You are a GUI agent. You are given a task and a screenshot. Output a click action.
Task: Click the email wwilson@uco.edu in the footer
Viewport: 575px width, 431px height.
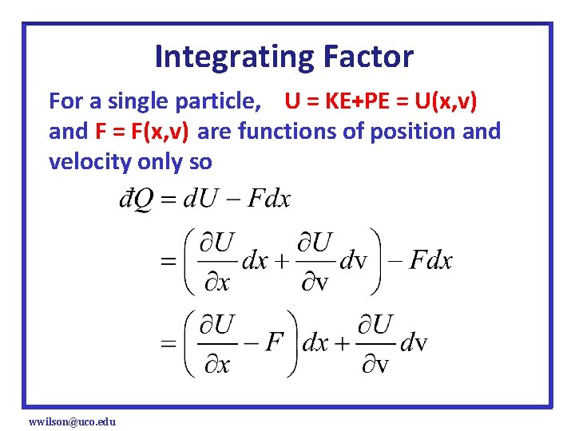pyautogui.click(x=72, y=421)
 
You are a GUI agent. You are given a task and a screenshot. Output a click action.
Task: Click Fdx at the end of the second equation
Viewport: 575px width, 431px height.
pyautogui.click(x=430, y=260)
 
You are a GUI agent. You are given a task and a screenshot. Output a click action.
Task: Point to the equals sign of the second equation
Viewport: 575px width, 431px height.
pyautogui.click(x=168, y=261)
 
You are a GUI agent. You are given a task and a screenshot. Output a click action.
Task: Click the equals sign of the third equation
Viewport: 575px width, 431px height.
pyautogui.click(x=168, y=344)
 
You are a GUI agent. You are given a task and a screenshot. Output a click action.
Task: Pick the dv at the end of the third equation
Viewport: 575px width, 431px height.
pyautogui.click(x=413, y=344)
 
